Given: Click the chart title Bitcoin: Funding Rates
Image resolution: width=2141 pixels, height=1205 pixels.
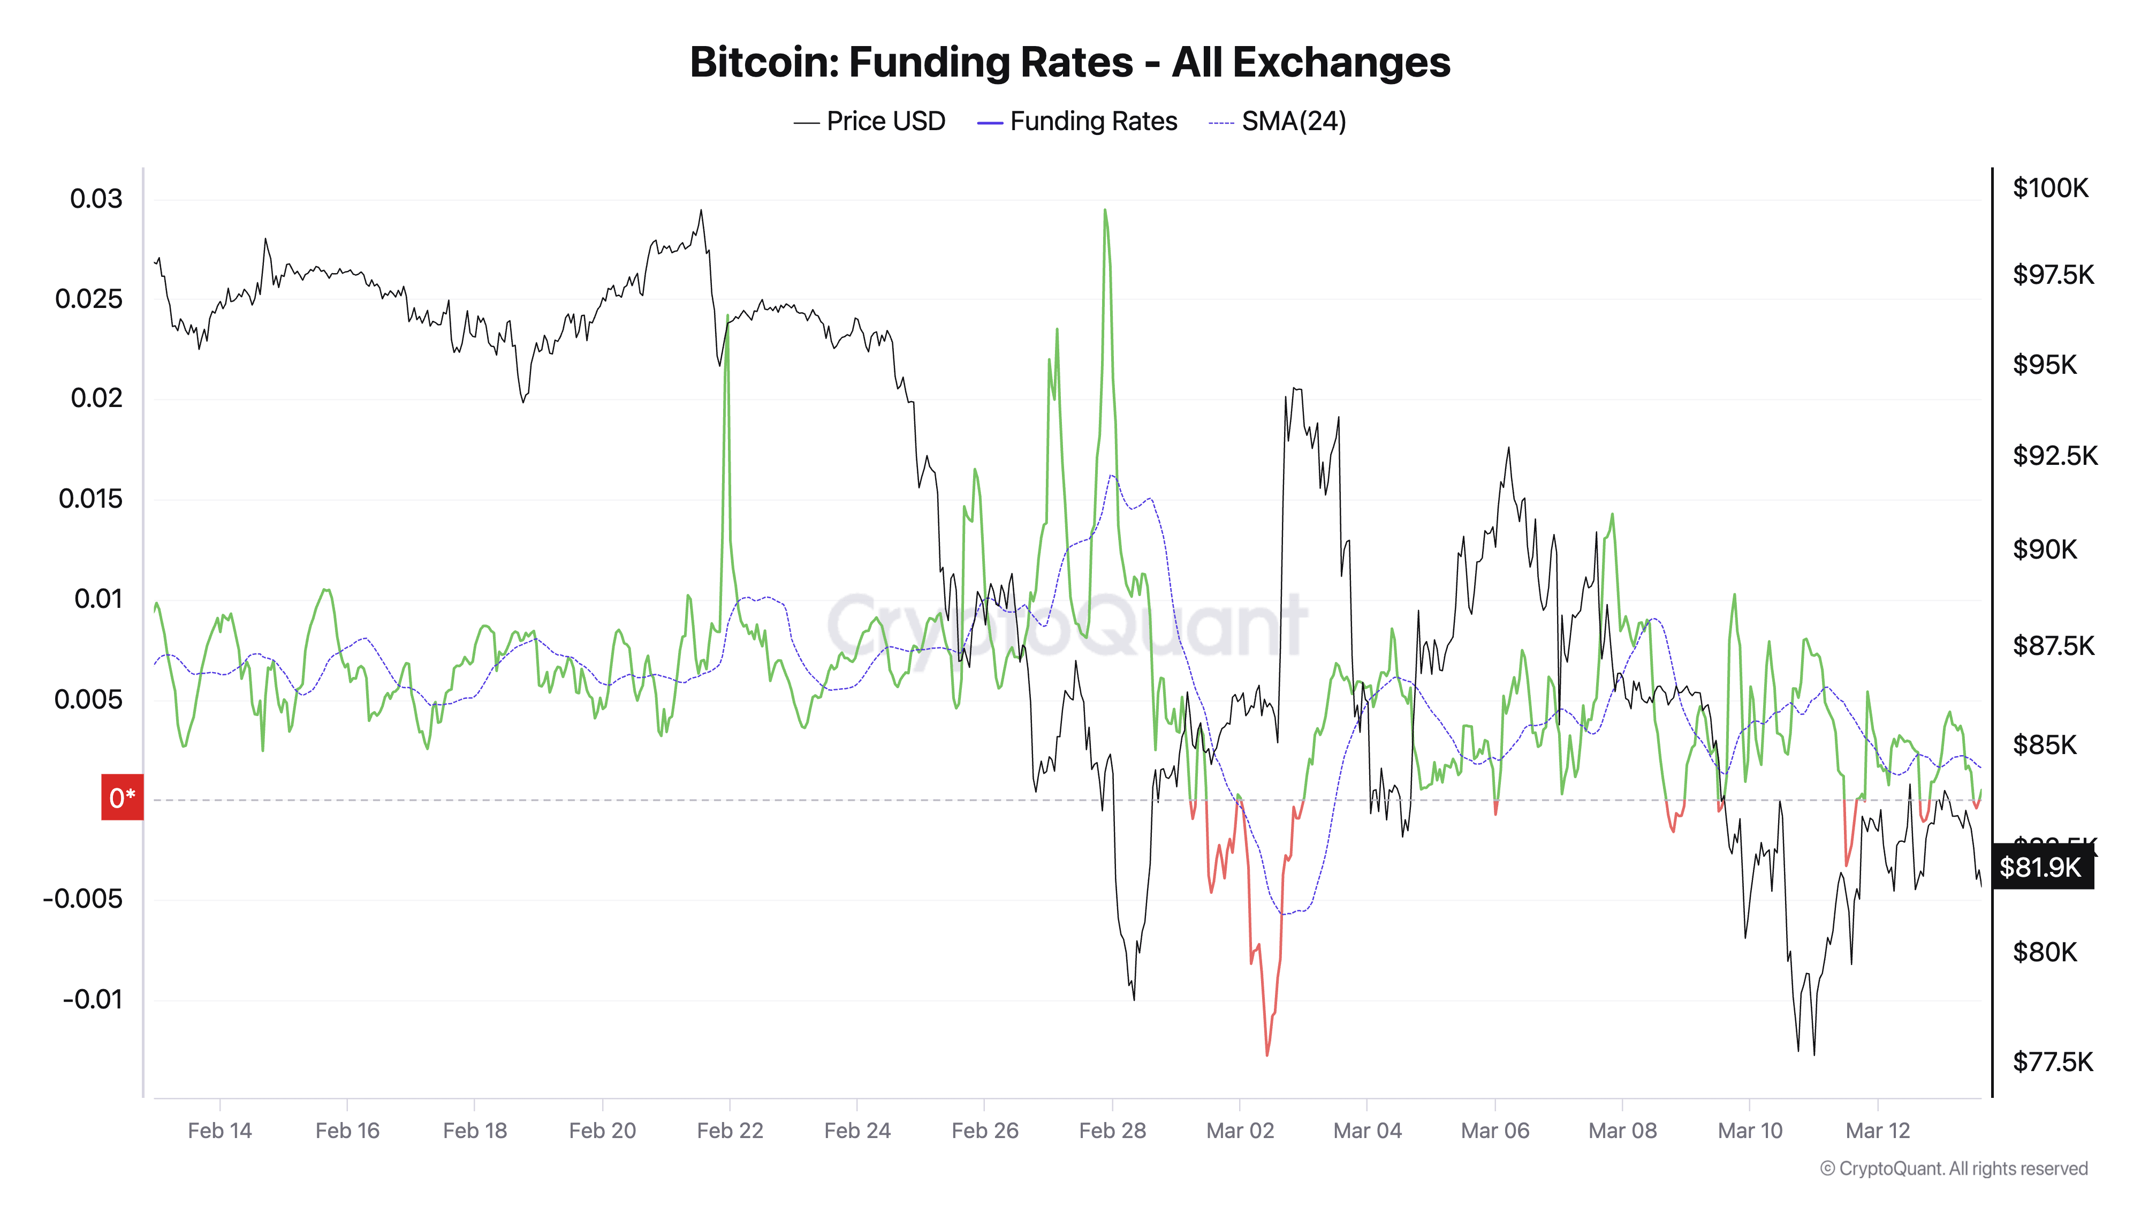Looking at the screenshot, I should (x=1069, y=62).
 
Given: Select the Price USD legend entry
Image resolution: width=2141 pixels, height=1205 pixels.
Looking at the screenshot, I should (x=869, y=122).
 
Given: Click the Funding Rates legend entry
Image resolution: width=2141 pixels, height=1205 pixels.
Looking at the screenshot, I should (x=1077, y=122).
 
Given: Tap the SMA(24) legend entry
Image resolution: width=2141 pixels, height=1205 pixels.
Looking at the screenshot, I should (x=1278, y=122).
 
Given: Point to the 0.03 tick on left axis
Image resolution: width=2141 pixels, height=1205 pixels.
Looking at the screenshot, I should (x=96, y=199).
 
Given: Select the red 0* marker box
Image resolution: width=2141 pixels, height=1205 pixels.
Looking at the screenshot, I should (x=122, y=797).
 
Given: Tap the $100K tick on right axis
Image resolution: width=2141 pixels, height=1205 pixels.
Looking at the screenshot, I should (x=2049, y=188).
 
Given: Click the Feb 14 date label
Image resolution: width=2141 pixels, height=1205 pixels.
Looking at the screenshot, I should (x=219, y=1130).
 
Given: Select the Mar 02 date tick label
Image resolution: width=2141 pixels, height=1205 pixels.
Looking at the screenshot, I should (x=1239, y=1130).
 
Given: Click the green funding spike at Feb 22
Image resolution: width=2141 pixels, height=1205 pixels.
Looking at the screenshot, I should (x=727, y=318).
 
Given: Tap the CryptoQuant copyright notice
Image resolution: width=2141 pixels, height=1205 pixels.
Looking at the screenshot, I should (x=1953, y=1169).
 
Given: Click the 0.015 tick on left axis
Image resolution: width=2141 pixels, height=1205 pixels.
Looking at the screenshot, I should (x=90, y=499).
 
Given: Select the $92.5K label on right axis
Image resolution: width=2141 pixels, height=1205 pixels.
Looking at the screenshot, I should (x=2055, y=456).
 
